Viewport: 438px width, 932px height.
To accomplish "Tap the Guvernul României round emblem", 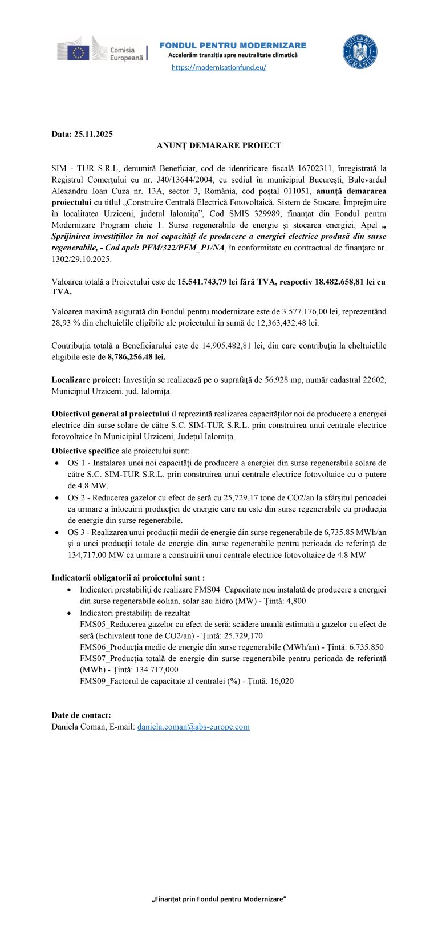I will pos(359,52).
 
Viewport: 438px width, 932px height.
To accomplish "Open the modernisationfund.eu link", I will pos(219,67).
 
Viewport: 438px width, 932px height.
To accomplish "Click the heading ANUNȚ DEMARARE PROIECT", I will pos(219,145).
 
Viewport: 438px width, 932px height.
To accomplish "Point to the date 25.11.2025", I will pos(94,134).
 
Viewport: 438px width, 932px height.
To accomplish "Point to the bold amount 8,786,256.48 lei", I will pos(136,357).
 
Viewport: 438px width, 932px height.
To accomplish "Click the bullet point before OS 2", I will pos(57,498).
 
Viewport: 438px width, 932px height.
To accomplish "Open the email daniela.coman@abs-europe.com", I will pos(193,727).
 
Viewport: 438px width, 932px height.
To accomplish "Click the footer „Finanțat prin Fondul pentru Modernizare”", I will pos(219,899).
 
